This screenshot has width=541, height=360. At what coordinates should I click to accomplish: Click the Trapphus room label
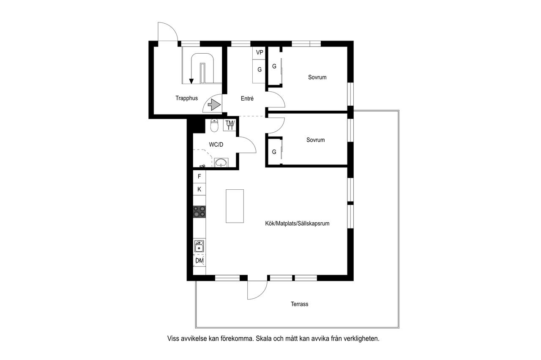[x=186, y=98]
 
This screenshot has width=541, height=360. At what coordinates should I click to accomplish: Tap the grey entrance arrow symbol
[x=214, y=105]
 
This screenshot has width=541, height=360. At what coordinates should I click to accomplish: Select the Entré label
[x=247, y=98]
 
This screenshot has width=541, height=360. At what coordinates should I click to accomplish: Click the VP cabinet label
[x=260, y=52]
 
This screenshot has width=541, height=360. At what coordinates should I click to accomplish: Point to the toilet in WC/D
[x=214, y=125]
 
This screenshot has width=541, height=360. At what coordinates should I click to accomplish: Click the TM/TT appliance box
[x=230, y=125]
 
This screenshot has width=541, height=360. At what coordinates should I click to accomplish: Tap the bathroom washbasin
[x=221, y=162]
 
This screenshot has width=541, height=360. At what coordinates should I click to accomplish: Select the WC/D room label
[x=216, y=145]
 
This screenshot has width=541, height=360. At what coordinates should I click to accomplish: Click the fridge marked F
[x=199, y=177]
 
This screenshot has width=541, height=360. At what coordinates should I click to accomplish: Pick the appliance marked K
[x=199, y=189]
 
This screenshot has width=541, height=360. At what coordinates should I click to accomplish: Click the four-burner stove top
[x=199, y=212]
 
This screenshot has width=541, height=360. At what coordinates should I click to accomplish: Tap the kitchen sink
[x=199, y=246]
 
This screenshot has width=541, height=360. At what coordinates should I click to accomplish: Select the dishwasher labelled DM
[x=199, y=261]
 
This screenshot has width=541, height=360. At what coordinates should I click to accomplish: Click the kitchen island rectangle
[x=235, y=206]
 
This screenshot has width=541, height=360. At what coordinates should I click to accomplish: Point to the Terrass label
[x=300, y=304]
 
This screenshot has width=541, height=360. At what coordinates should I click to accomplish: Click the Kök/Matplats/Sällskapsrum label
[x=297, y=224]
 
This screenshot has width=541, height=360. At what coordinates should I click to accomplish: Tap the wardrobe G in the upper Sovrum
[x=274, y=66]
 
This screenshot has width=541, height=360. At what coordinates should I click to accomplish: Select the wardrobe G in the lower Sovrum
[x=274, y=152]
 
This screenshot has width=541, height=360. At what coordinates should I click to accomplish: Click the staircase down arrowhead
[x=191, y=82]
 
